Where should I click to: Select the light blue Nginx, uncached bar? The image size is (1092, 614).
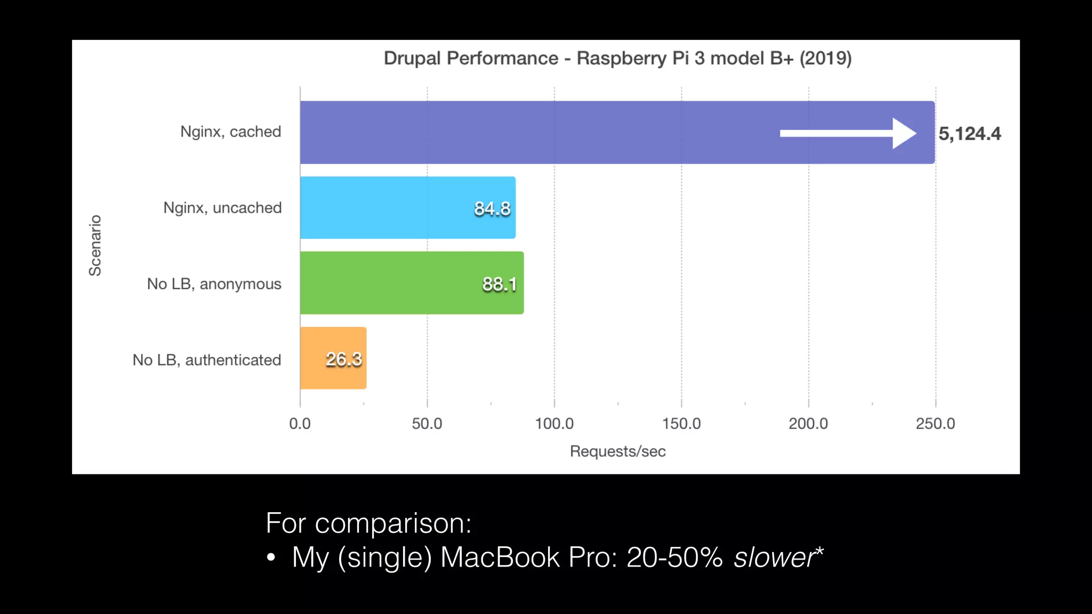tap(384, 208)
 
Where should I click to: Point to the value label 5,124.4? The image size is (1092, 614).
tap(969, 134)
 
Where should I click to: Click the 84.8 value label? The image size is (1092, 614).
tap(492, 208)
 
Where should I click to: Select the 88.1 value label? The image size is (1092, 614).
tap(500, 284)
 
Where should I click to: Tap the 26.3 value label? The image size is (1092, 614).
tap(344, 359)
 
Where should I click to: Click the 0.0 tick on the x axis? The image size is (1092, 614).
tap(300, 424)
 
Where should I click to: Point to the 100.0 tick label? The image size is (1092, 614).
tap(554, 424)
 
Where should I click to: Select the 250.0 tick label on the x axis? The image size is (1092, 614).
tap(935, 424)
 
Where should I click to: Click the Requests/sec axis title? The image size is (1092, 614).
tap(617, 451)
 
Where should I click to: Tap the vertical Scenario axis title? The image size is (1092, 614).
tap(95, 246)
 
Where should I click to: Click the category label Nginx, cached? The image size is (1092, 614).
tap(230, 132)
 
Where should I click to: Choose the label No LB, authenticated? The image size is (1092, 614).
tap(207, 360)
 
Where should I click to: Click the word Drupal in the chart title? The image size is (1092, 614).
tap(413, 58)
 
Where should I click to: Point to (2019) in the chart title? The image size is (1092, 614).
tap(825, 58)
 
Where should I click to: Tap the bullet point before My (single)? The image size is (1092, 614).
tap(271, 558)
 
